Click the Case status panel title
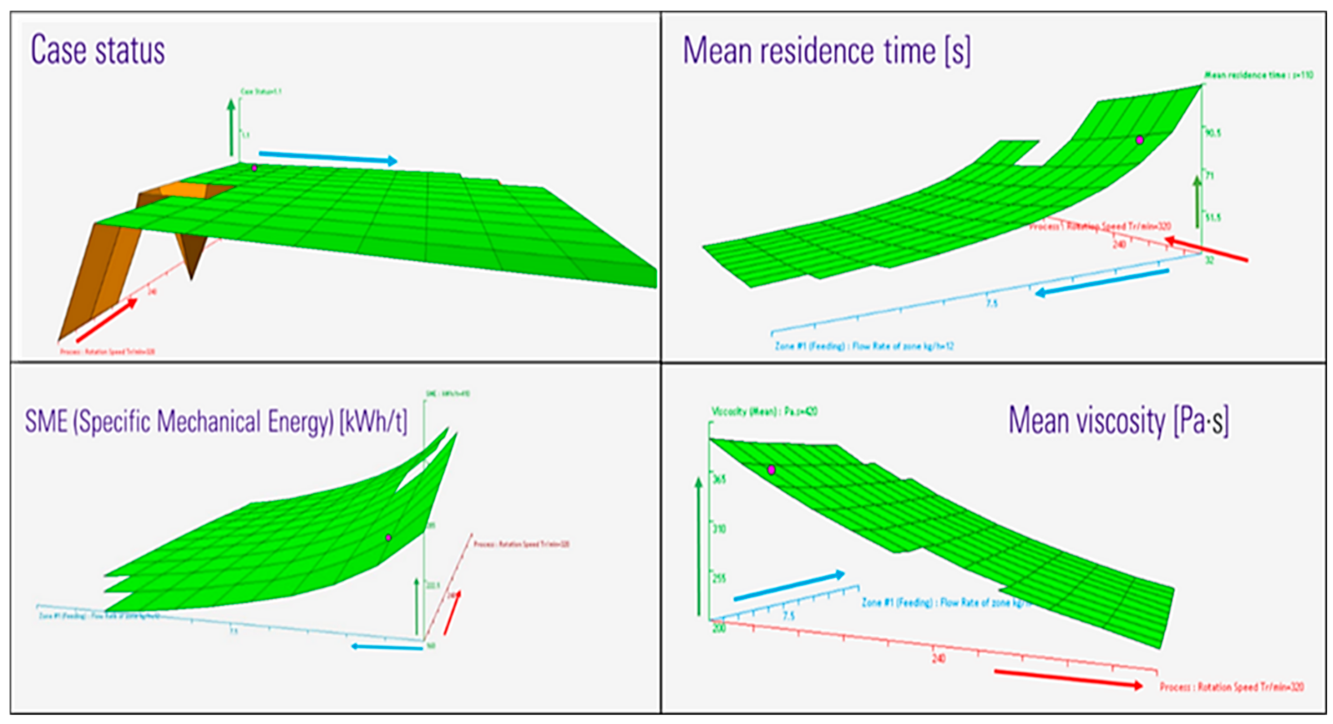(x=98, y=50)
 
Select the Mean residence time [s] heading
(x=826, y=51)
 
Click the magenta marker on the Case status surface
(x=254, y=168)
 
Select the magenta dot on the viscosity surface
(x=771, y=470)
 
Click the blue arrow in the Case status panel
(x=328, y=157)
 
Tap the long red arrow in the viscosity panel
(x=1069, y=679)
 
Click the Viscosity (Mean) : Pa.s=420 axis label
(x=764, y=412)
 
